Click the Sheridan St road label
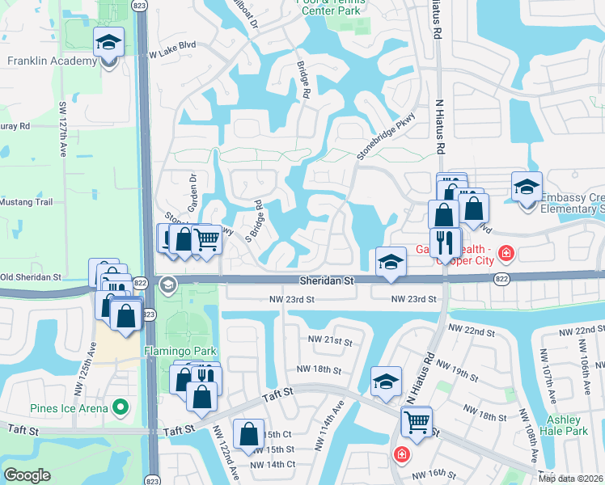pos(327,281)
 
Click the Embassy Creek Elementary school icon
pos(527,188)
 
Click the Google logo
pos(27,475)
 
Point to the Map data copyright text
pos(571,478)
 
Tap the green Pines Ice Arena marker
pos(121,407)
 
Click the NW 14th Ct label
pos(273,464)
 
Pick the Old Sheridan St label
pos(31,277)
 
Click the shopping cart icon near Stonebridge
pos(207,238)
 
